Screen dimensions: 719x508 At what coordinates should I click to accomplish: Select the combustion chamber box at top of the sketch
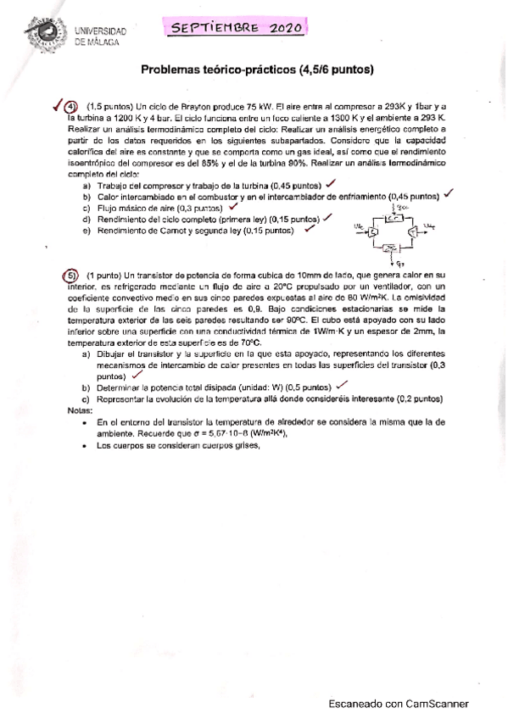click(x=394, y=218)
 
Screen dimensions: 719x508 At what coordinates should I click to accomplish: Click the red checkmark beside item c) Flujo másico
click(x=232, y=206)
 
